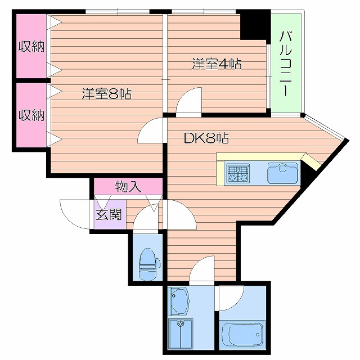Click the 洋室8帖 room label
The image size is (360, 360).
click(106, 94)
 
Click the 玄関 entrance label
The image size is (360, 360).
click(109, 214)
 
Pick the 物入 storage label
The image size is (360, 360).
click(128, 186)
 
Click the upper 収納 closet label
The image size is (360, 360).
click(30, 47)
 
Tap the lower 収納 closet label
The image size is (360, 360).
click(30, 115)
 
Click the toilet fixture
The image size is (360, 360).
click(148, 263)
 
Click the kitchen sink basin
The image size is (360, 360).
click(282, 173)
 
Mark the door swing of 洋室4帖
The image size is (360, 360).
click(190, 101)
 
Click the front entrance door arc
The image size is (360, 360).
click(72, 213)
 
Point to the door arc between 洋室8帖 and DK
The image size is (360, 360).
click(150, 131)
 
